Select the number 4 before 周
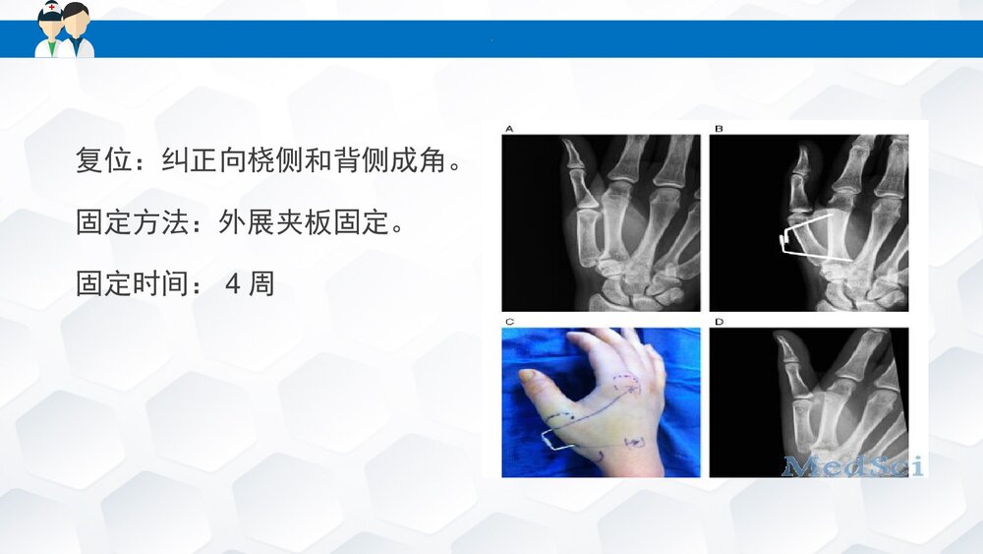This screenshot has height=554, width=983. (x=233, y=284)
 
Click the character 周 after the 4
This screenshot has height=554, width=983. (x=261, y=284)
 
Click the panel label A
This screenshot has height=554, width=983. (x=508, y=129)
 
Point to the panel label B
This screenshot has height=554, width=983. (x=718, y=129)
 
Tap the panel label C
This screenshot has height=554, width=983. (x=508, y=323)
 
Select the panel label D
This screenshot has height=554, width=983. (x=718, y=323)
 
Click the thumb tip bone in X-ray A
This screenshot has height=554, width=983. (x=570, y=154)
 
